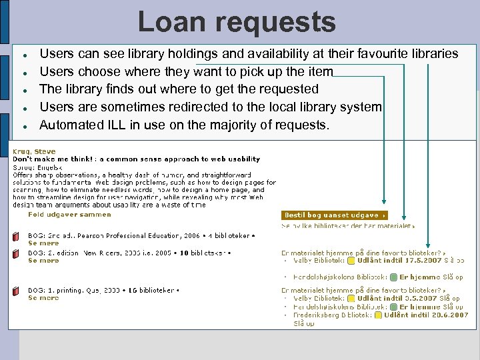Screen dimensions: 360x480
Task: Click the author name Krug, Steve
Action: point(35,152)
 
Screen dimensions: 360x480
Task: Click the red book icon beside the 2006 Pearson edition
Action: point(15,237)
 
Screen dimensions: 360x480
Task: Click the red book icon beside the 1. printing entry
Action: point(15,291)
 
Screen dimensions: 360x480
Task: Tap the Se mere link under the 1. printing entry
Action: point(43,298)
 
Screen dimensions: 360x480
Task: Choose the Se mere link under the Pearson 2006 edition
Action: point(43,243)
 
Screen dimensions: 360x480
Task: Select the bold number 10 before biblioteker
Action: point(175,253)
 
